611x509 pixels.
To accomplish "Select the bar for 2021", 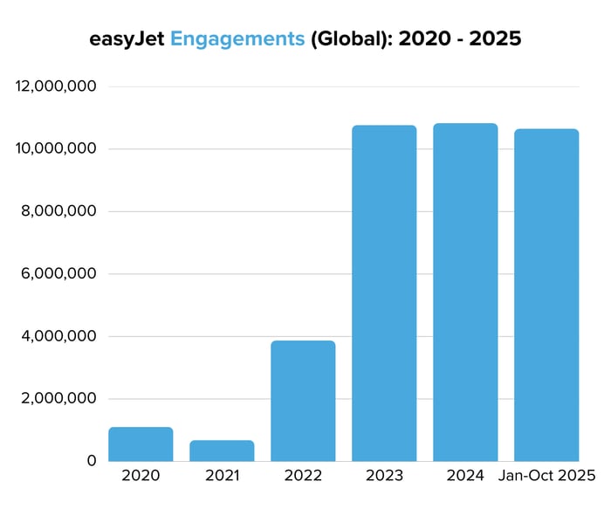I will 222,451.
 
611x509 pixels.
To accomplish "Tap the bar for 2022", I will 303,401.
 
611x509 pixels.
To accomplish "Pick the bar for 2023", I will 384,293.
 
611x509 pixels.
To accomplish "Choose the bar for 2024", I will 465,292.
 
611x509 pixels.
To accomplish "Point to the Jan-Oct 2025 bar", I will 546,295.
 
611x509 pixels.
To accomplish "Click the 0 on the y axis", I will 90,461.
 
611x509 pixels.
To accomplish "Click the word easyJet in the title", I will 127,39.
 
